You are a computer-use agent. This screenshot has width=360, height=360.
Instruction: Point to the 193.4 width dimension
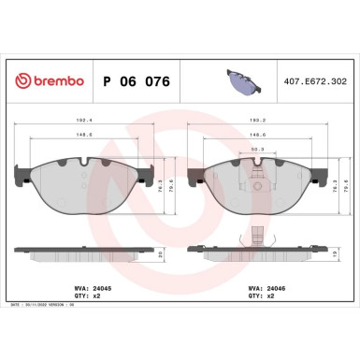click(x=84, y=121)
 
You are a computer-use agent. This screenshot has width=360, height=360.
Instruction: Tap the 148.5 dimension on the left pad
click(x=84, y=134)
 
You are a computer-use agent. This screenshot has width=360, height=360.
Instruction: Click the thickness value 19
click(x=334, y=253)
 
